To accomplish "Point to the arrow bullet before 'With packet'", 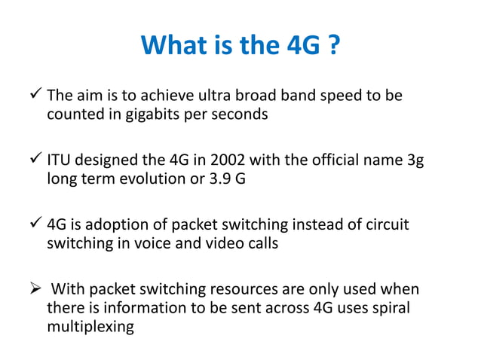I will pos(32,290).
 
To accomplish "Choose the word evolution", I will pos(150,180).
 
